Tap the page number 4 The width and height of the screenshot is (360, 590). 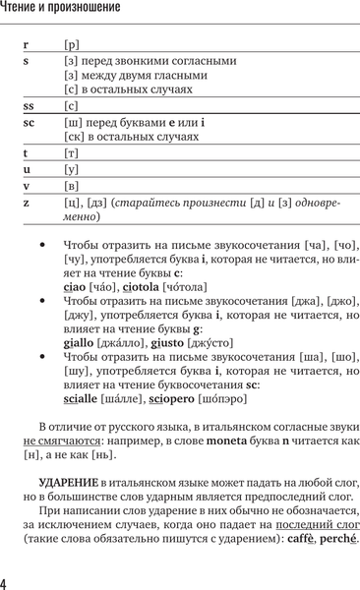click(6, 583)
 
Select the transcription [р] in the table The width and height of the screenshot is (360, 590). click(71, 45)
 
